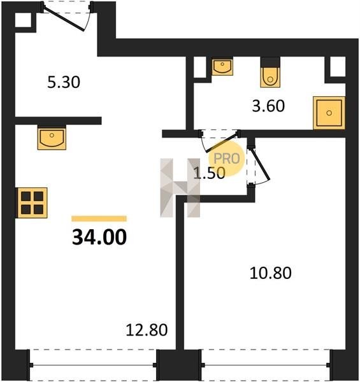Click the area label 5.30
pos(64,82)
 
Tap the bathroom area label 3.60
pos(268,106)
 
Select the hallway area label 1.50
pos(209,173)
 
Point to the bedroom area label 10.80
pos(271,273)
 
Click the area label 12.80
pos(147,330)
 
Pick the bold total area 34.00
pos(99,237)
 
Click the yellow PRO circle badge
pos(227,159)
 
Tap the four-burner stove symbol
pos(31,202)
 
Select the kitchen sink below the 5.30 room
pos(52,137)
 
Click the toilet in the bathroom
pos(270,73)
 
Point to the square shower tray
pos(329,113)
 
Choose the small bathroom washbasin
pos(222,66)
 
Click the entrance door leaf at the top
pos(64,19)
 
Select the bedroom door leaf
pos(261,165)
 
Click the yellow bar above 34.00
pos(99,218)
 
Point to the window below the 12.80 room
pos(93,365)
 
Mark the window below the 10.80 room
pos(266,365)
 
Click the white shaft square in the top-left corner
pos(24,20)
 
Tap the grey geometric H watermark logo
pos(180,188)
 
